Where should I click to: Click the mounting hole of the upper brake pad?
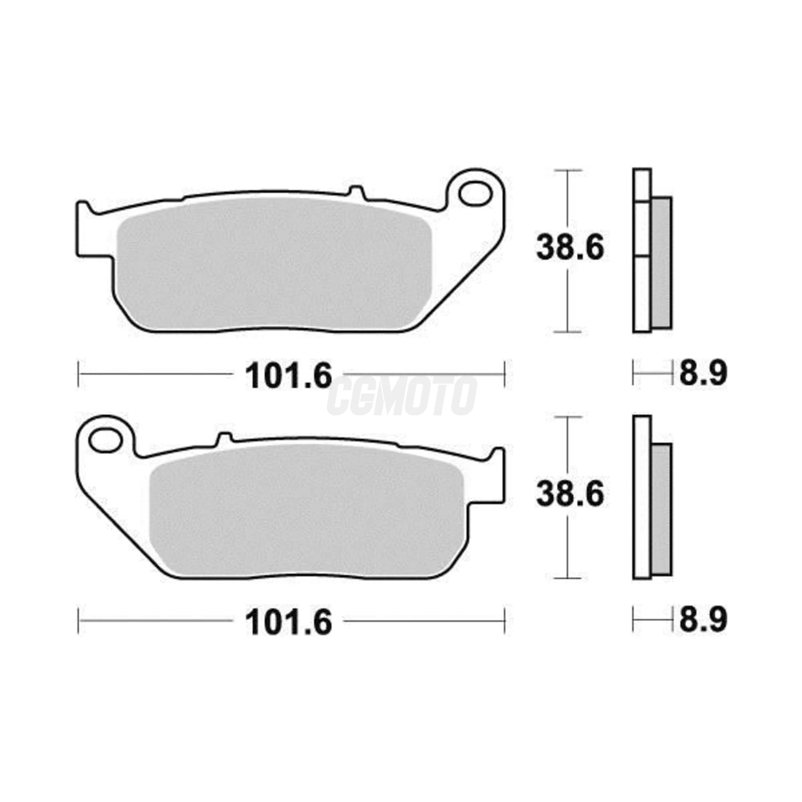[474, 194]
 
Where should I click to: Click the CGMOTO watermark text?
[401, 396]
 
